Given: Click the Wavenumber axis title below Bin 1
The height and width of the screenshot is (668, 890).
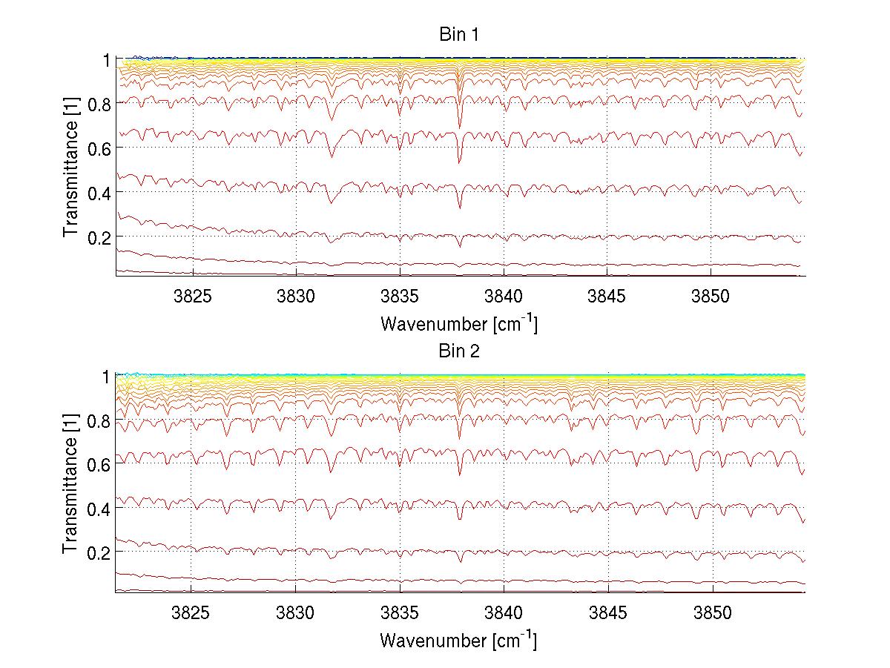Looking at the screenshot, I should pos(458,323).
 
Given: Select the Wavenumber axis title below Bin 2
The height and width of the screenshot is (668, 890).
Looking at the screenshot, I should pos(458,640).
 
